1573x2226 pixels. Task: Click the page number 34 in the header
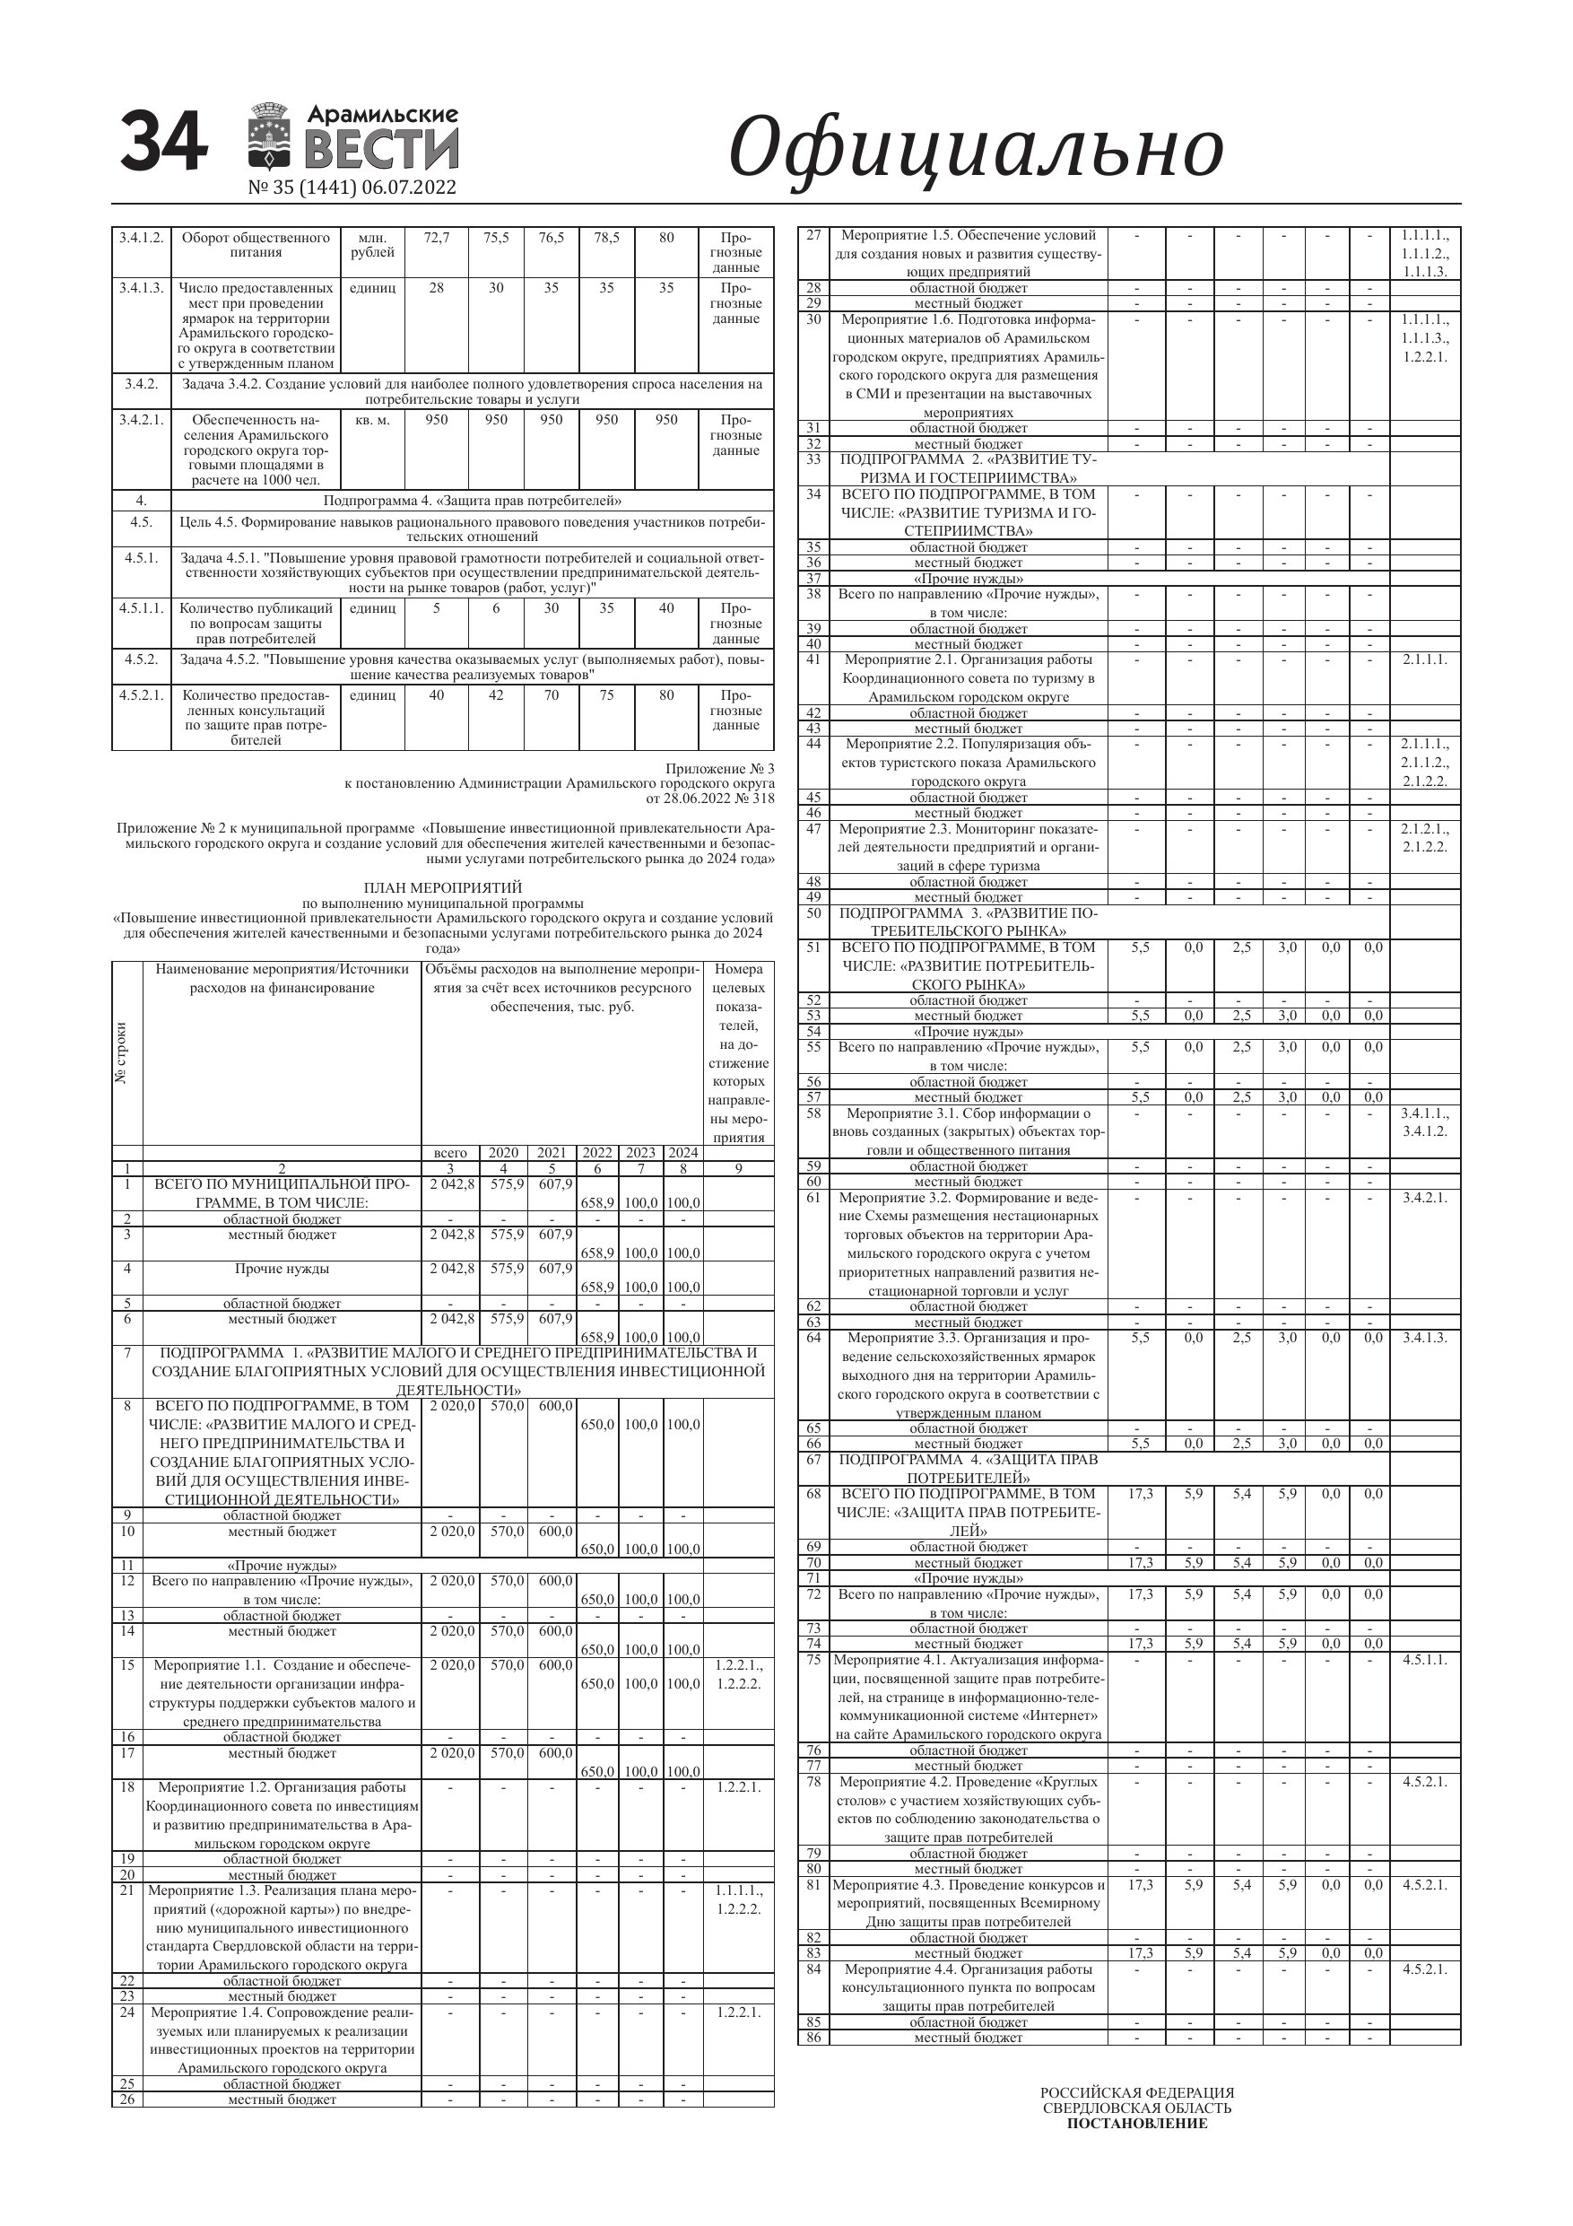click(164, 142)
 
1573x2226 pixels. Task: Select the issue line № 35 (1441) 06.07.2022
click(352, 188)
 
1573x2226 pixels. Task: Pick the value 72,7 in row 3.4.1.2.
click(436, 238)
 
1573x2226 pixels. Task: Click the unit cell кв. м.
click(372, 420)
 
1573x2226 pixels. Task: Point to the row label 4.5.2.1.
click(142, 695)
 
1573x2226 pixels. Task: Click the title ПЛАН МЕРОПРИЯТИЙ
click(443, 887)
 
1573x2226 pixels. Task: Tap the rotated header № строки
click(122, 1053)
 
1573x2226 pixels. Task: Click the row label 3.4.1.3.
click(142, 288)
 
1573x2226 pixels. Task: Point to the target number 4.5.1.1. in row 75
click(1424, 1660)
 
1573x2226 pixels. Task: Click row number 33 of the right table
click(813, 458)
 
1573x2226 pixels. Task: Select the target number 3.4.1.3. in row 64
click(1424, 1338)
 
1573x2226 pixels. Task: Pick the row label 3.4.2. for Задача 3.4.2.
click(142, 384)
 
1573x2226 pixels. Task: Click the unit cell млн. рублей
click(372, 245)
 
